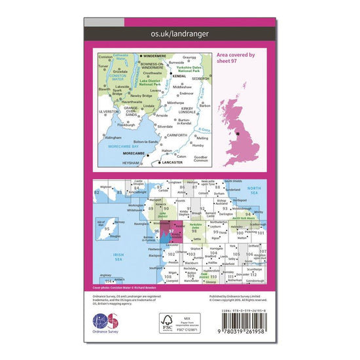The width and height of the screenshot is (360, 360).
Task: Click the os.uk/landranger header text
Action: [179, 30]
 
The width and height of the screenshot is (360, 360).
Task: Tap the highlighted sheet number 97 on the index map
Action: [171, 231]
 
